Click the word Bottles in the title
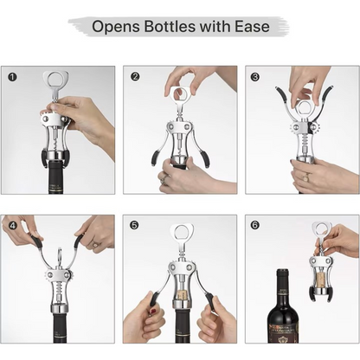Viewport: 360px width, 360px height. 177,27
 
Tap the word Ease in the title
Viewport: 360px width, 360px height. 250,27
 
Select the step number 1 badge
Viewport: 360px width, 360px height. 12,76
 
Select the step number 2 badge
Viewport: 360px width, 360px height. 135,76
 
